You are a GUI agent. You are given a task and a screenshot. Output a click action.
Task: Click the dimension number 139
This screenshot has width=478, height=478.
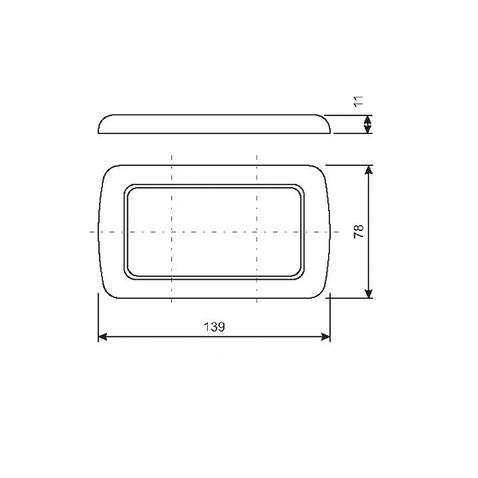pyautogui.click(x=214, y=327)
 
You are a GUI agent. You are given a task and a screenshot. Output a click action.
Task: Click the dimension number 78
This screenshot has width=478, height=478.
pyautogui.click(x=358, y=231)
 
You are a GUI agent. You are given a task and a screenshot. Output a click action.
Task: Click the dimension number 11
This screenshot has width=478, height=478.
pyautogui.click(x=358, y=101)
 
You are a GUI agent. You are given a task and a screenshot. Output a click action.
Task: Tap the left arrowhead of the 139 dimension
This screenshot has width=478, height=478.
pyautogui.click(x=103, y=337)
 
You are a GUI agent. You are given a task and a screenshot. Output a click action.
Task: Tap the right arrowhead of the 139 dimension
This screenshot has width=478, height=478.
pyautogui.click(x=326, y=337)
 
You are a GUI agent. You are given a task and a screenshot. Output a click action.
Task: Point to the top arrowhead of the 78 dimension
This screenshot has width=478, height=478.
pyautogui.click(x=369, y=170)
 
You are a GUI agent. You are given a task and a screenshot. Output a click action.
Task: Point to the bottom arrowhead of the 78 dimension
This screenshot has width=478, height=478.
pyautogui.click(x=369, y=293)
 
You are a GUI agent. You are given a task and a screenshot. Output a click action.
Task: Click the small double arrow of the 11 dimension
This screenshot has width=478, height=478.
pyautogui.click(x=368, y=124)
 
